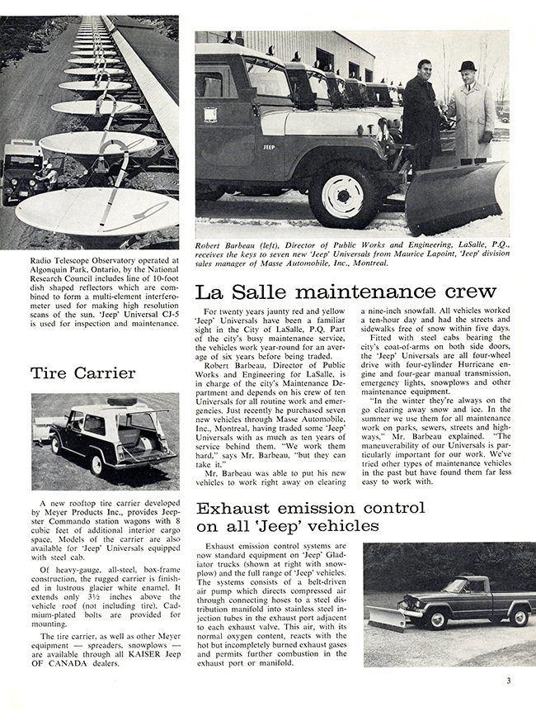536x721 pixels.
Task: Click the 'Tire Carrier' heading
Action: [x=82, y=372]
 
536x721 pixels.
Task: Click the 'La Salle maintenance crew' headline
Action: [x=346, y=292]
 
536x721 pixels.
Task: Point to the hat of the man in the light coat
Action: [x=468, y=66]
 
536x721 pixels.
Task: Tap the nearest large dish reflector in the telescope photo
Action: [x=96, y=211]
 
